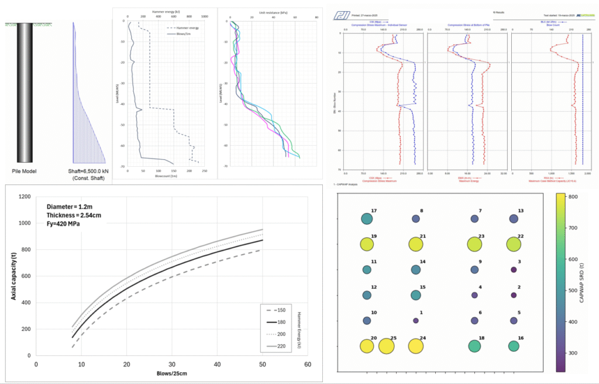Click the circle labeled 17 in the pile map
click(367, 219)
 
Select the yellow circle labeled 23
click(475, 245)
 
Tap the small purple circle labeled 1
click(416, 321)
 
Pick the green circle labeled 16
click(514, 346)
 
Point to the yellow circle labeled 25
click(387, 347)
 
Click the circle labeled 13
click(514, 219)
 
